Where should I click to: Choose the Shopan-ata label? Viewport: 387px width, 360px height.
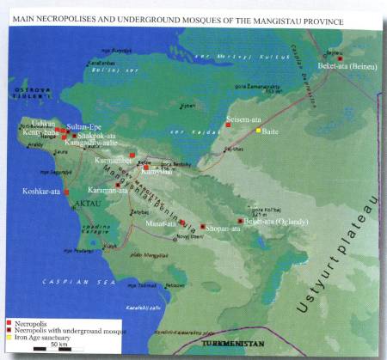(x=222, y=228)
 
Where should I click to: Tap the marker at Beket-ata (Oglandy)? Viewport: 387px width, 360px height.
(x=240, y=221)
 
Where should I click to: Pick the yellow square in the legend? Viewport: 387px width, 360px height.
(x=7, y=337)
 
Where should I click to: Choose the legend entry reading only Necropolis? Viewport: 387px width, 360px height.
(x=30, y=323)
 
